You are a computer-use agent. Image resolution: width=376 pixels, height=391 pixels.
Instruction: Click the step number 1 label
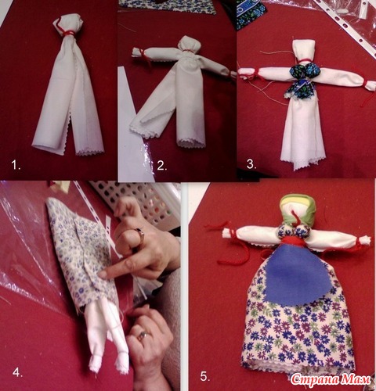(16, 165)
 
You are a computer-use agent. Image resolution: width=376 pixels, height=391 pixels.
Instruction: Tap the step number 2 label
(162, 166)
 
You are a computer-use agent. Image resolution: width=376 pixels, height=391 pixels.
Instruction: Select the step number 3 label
(251, 164)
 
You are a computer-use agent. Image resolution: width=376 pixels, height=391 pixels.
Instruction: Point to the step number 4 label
(17, 372)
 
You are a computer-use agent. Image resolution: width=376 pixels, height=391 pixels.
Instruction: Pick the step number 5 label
(205, 376)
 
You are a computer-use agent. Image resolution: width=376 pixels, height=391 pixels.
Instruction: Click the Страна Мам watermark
(331, 379)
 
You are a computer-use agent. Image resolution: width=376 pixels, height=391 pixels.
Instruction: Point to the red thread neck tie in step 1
(68, 33)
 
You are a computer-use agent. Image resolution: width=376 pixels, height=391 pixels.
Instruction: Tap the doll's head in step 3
(303, 50)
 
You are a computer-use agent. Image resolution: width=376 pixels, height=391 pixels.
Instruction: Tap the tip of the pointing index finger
(100, 274)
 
